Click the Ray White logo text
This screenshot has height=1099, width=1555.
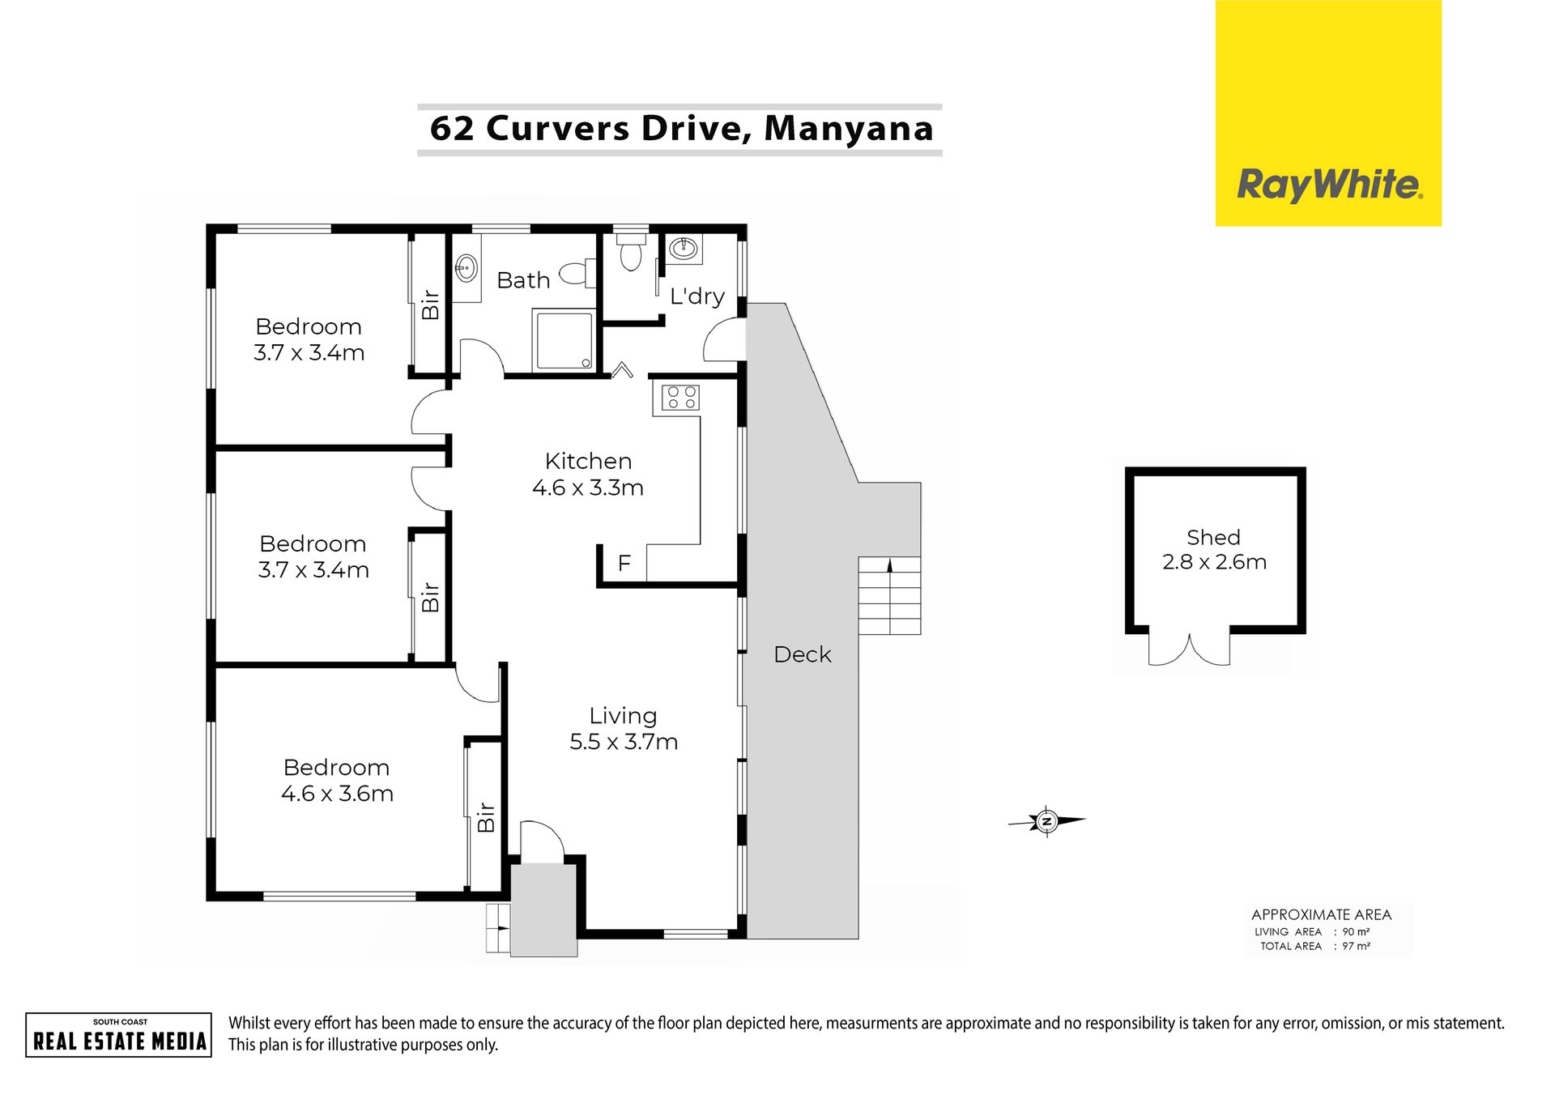point(1329,185)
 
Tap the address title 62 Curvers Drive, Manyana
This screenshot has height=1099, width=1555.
point(681,129)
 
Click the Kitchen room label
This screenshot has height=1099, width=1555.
point(588,461)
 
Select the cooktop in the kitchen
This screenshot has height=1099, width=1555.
point(680,398)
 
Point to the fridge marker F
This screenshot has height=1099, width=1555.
point(624,563)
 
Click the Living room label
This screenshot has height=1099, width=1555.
point(623,716)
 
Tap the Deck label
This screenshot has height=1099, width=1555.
point(802,654)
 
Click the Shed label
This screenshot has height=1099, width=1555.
point(1213,537)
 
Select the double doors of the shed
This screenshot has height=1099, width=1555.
point(1189,649)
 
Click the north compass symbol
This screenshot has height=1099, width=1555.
point(1046,821)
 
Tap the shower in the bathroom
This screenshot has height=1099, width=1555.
point(564,339)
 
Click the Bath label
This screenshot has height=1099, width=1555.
point(523,280)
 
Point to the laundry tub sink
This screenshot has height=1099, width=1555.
point(684,248)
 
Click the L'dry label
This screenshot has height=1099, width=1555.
point(697,296)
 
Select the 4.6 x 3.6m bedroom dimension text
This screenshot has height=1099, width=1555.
point(337,794)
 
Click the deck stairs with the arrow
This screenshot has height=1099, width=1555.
point(889,595)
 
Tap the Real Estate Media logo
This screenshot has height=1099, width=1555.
point(119,1035)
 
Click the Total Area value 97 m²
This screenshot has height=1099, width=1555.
point(1356,946)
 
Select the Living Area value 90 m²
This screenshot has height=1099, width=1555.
point(1356,931)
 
